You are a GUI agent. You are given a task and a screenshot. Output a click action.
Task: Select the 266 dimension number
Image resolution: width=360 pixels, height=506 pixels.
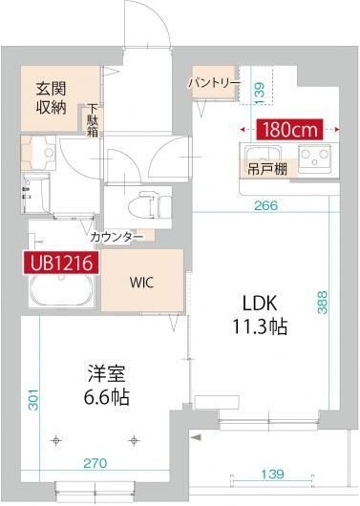pos(266,202)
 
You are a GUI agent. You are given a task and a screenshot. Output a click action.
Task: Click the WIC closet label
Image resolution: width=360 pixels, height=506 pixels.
pos(142,284)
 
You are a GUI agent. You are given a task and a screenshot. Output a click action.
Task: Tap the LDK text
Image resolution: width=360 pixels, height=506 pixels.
pos(259,303)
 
